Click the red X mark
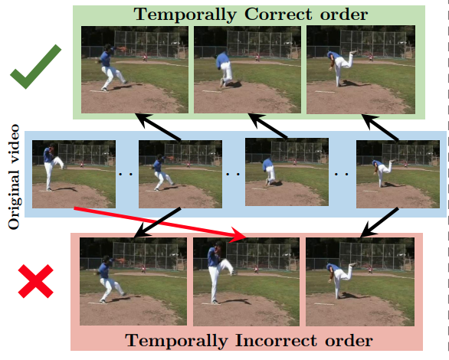pyautogui.click(x=36, y=281)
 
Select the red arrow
pyautogui.click(x=160, y=223)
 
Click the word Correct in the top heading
pyautogui.click(x=278, y=15)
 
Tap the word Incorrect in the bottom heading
pyautogui.click(x=277, y=341)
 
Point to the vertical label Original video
pyautogui.click(x=14, y=177)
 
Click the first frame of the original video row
pyautogui.click(x=74, y=174)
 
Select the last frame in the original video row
pyautogui.click(x=398, y=174)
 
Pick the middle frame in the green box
pyautogui.click(x=247, y=70)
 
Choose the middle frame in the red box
pyautogui.click(x=246, y=282)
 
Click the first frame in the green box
pyautogui.click(x=135, y=70)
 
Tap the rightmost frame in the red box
pyautogui.click(x=360, y=282)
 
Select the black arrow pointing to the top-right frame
pyautogui.click(x=380, y=127)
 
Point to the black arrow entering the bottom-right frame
pyautogui.click(x=379, y=223)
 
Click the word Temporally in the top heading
pyautogui.click(x=185, y=15)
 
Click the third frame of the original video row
pyautogui.click(x=287, y=172)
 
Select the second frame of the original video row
pyautogui.click(x=180, y=174)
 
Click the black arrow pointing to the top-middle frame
pyautogui.click(x=268, y=126)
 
